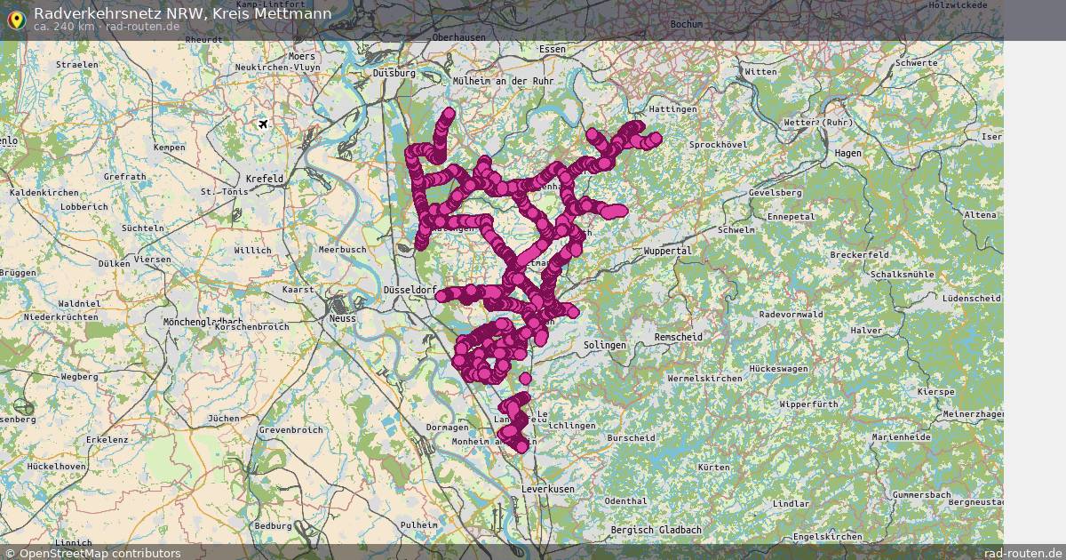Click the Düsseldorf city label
click(409, 291)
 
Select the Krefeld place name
click(266, 179)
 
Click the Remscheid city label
click(678, 338)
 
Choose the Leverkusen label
click(548, 489)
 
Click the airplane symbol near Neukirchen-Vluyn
click(263, 124)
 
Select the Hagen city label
click(848, 153)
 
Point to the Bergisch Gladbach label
click(656, 530)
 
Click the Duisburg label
click(394, 73)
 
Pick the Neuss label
click(342, 318)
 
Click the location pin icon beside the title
click(16, 19)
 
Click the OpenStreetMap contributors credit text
click(99, 553)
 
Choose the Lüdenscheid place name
click(972, 298)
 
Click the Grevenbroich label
click(290, 430)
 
